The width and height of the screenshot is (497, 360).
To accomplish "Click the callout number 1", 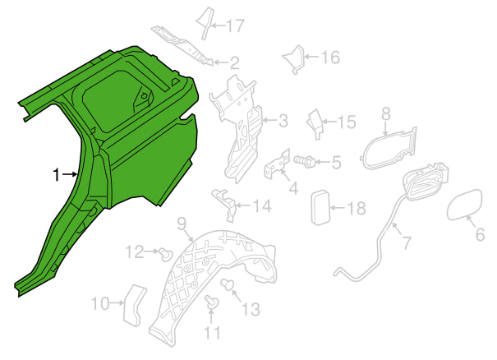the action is click(56, 175).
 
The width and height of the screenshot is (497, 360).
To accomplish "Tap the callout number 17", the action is click(235, 25).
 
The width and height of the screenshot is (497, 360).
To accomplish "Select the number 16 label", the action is click(330, 57).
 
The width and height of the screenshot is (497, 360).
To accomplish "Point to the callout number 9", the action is click(181, 224).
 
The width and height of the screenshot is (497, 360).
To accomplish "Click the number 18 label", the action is click(357, 209).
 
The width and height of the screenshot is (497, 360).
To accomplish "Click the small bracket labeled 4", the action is click(278, 165).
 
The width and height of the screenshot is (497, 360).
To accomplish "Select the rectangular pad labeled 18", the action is click(320, 207).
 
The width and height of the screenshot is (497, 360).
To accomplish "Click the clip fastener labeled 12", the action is click(166, 254).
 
